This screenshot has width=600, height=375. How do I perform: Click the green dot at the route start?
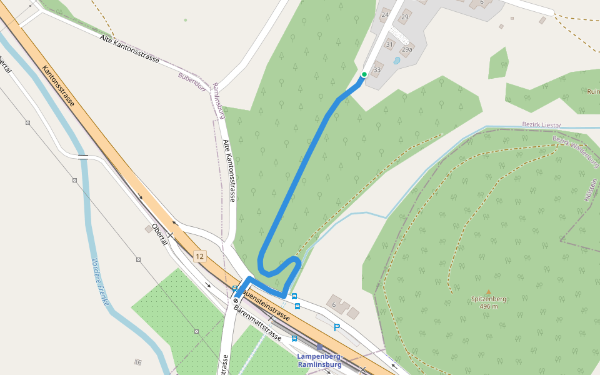click(x=364, y=74)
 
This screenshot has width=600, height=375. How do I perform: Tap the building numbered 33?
click(x=377, y=69)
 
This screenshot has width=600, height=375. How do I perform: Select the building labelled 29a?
click(x=407, y=49)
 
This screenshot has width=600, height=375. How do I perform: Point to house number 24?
click(x=384, y=14)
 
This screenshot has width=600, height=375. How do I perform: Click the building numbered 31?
click(x=390, y=44)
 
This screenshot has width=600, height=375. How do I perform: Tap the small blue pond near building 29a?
click(x=397, y=61)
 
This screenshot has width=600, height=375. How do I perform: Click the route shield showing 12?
click(x=199, y=256)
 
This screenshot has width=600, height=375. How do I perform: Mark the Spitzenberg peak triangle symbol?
click(x=489, y=292)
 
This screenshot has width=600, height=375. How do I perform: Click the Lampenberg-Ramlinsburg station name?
click(x=319, y=360)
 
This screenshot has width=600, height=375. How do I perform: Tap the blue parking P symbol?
click(x=337, y=327)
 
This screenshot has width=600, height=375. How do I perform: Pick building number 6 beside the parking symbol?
click(x=334, y=304)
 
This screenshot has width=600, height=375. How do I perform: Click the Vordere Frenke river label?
click(x=100, y=282)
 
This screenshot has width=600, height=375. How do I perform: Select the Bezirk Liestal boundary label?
click(x=541, y=124)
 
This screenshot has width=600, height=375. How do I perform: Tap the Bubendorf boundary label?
click(x=191, y=82)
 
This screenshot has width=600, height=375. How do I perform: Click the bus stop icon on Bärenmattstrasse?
click(x=294, y=339)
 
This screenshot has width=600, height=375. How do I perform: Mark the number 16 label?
click(x=137, y=362)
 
